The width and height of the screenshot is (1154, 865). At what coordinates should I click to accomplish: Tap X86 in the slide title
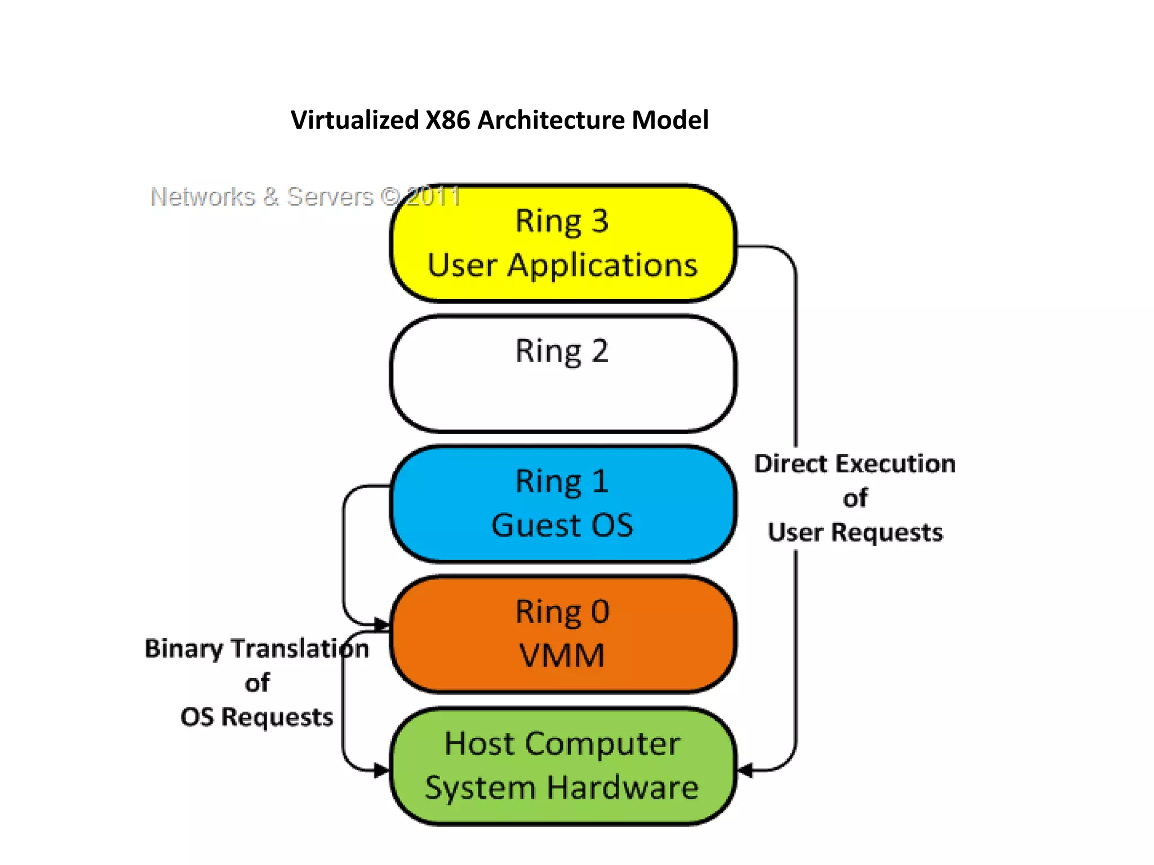(x=447, y=120)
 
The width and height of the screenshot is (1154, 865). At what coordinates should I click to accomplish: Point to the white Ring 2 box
(x=562, y=389)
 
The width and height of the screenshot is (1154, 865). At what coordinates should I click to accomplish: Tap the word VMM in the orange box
(x=562, y=656)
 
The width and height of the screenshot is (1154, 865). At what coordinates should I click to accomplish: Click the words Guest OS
(x=562, y=525)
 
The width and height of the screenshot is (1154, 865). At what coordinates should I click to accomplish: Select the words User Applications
(x=562, y=265)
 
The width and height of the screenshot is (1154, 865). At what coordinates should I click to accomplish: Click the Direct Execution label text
(x=854, y=464)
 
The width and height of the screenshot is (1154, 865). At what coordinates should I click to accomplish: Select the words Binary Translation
(x=256, y=649)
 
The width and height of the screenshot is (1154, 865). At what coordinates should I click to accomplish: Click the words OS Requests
(x=256, y=717)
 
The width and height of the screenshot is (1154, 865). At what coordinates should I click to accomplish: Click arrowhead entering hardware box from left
(x=383, y=770)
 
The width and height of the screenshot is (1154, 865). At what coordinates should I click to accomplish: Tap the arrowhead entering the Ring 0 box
(x=383, y=624)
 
